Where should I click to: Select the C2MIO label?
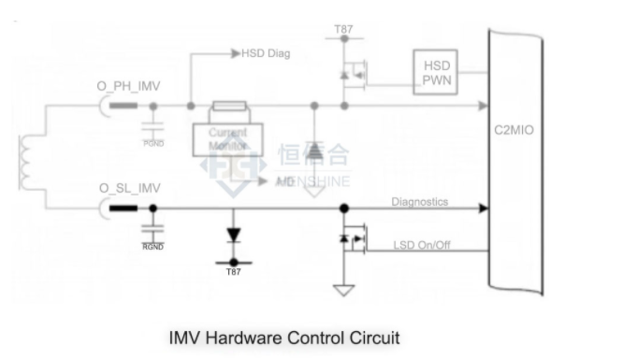[x=514, y=131]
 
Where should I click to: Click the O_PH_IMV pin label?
[x=128, y=87]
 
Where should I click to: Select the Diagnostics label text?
[x=419, y=201]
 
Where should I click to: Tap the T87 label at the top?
[x=344, y=32]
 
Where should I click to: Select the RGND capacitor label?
[x=152, y=247]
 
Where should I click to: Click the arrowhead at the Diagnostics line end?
[x=483, y=209]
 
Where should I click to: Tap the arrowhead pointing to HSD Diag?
[x=236, y=53]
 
